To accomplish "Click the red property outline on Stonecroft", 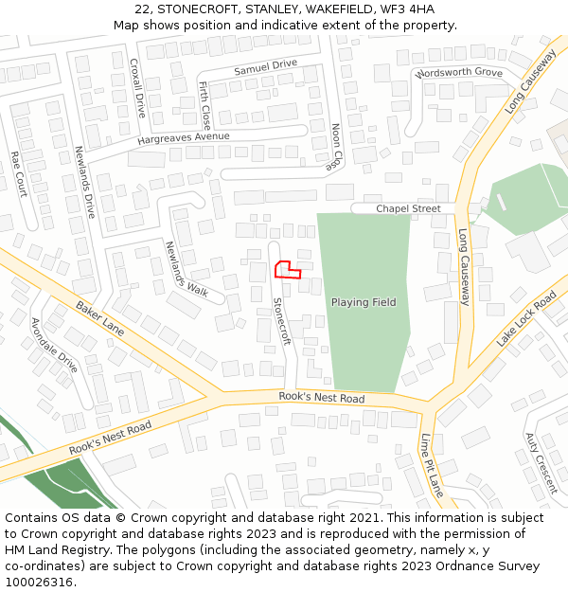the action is [x=287, y=270].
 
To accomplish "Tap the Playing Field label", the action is [x=364, y=302].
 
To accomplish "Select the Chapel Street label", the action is [x=408, y=208].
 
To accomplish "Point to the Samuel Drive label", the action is [x=265, y=68].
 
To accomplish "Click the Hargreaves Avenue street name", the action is [x=184, y=136].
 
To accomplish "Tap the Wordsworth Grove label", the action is [x=458, y=72].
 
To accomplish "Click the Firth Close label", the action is [x=205, y=104].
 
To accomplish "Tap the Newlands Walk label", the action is [x=186, y=268].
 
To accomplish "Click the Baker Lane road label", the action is [x=100, y=318].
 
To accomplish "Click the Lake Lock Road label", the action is [x=526, y=319].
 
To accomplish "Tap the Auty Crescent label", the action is [x=541, y=463].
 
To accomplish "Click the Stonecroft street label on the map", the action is [x=281, y=321].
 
